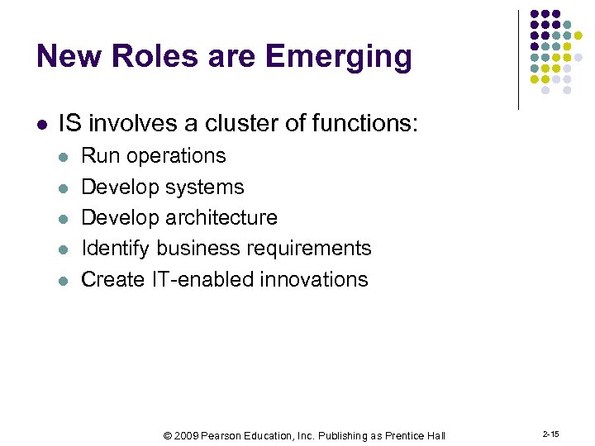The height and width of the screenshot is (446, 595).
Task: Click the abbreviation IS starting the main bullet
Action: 70,124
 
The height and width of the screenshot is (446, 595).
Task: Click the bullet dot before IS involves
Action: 42,125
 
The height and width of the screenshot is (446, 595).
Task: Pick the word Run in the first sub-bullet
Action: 99,155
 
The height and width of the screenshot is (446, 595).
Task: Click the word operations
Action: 175,156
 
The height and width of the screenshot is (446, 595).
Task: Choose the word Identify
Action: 116,249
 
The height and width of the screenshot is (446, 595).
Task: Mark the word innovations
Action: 314,279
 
